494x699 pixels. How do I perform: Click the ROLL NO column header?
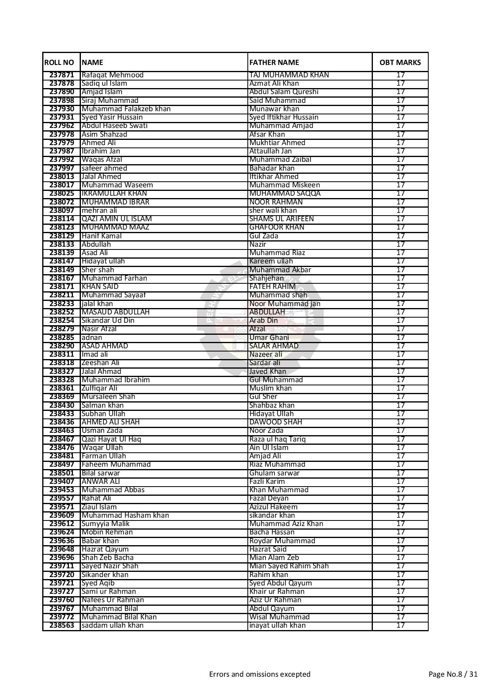(59, 63)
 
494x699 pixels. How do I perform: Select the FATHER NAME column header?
(274, 63)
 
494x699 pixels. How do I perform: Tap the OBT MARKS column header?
(400, 63)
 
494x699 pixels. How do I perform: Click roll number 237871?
(62, 75)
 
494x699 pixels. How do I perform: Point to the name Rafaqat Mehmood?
(112, 75)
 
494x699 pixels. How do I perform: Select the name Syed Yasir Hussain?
(112, 117)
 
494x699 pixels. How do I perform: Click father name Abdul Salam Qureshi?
(284, 92)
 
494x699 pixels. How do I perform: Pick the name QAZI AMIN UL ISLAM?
(116, 219)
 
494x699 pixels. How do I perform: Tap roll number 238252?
(62, 312)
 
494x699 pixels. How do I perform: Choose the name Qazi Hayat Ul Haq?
(111, 439)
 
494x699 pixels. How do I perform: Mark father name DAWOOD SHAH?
(276, 422)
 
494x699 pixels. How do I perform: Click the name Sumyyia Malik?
(105, 524)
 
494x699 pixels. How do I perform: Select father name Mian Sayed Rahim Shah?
(289, 566)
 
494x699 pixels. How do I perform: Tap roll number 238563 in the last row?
(62, 625)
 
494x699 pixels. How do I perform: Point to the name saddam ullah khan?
(112, 625)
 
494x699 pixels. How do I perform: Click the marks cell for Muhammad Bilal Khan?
(400, 617)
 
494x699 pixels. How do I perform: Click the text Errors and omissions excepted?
(260, 674)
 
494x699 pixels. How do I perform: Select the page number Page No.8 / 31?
(453, 674)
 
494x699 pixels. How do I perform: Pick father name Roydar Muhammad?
(282, 541)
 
